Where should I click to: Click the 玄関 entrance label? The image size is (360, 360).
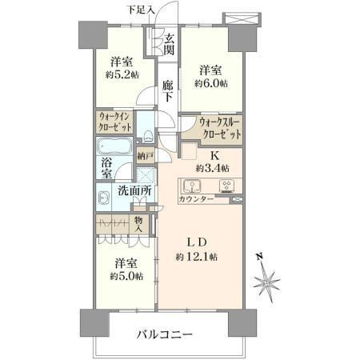169,45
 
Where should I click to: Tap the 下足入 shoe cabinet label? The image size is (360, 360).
141,10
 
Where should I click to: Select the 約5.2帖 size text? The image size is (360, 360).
122,74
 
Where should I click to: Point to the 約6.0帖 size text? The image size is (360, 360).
211,83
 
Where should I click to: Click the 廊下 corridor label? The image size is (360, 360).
168,91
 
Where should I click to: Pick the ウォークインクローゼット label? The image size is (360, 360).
115,122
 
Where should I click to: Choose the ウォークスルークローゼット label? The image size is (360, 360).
220,129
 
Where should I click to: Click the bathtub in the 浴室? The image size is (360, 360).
114,146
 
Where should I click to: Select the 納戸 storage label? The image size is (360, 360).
146,156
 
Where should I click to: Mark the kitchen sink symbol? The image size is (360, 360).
192,186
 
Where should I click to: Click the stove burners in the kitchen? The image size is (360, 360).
226,186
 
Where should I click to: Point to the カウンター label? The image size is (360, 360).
196,199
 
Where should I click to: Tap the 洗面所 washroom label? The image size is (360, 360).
135,190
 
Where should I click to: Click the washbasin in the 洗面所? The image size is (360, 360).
103,198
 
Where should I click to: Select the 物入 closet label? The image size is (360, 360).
138,225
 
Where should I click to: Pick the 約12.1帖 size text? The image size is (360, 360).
196,257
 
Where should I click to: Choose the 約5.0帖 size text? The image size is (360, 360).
126,276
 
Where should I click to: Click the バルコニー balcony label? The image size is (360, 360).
165,334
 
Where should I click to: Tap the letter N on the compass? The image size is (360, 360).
259,257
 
